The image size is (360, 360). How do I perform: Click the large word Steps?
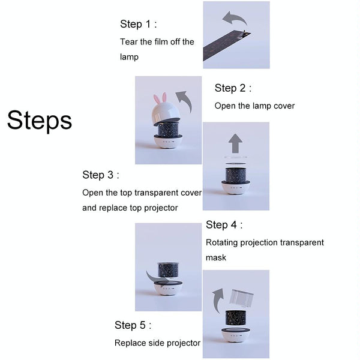pos(40,121)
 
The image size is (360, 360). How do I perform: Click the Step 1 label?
pos(139,24)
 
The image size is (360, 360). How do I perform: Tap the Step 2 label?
pos(233,88)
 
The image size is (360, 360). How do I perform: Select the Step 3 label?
pos(101,175)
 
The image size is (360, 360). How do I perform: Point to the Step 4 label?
pos(224,224)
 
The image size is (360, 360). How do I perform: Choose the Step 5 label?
pos(133,325)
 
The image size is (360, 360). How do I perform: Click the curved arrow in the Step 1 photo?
pos(234,18)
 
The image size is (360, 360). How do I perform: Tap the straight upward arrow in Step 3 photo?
pos(236,143)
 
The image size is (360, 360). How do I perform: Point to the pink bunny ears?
pos(160,99)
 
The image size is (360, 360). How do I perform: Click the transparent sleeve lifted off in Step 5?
pos(241,298)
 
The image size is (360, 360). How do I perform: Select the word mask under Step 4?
pos(216,257)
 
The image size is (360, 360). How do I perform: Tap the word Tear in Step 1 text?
pos(129,42)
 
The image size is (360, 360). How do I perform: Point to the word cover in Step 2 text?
pos(284,106)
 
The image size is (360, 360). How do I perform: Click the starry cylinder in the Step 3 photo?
pos(236,175)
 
